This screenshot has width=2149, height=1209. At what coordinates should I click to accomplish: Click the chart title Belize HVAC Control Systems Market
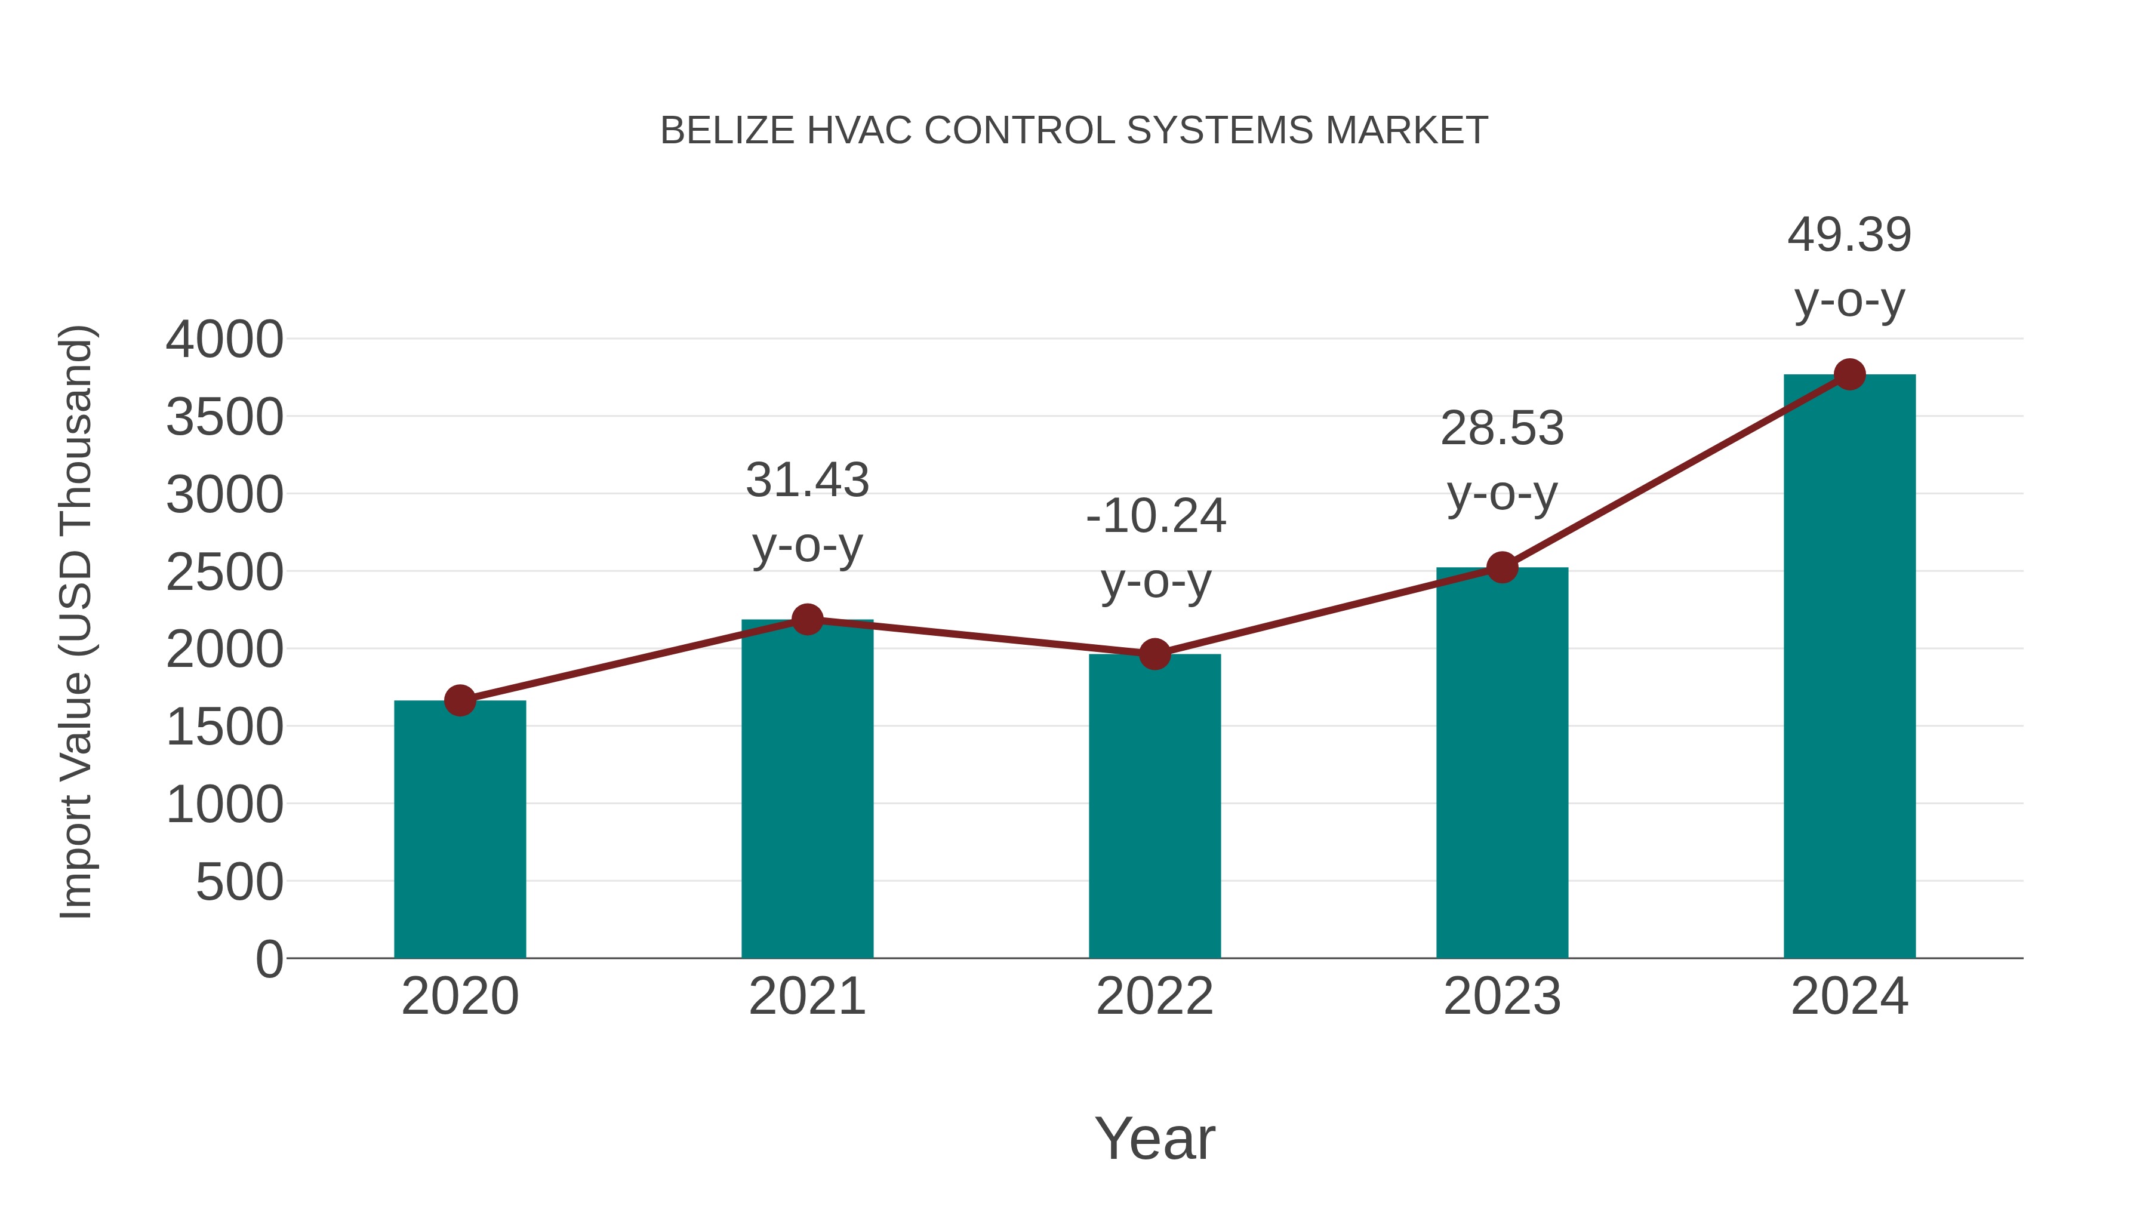coord(1074,131)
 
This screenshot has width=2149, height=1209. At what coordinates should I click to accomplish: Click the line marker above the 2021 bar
coord(806,619)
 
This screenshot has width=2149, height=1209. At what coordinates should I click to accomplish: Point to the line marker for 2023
coord(1502,567)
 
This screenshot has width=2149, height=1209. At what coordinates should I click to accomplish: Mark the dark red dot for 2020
coord(460,700)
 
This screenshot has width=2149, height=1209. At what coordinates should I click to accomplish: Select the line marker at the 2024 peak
coord(1849,374)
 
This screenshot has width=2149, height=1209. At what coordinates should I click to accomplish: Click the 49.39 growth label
coord(1849,235)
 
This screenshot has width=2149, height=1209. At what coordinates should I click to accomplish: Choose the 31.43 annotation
coord(806,481)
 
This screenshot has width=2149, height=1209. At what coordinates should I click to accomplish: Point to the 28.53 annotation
coord(1502,429)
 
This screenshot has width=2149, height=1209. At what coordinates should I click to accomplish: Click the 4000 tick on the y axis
coord(224,340)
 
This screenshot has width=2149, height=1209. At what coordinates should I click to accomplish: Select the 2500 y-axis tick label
coord(224,573)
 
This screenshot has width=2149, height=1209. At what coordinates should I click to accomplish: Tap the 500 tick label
coord(239,883)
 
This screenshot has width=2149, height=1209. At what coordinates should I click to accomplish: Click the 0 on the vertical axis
coord(269,959)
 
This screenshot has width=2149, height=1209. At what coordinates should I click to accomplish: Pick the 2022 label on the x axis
coord(1154,996)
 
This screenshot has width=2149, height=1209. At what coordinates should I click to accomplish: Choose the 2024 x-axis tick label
coord(1849,996)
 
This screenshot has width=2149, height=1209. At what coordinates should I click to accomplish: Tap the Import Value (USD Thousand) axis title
coord(77,623)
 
